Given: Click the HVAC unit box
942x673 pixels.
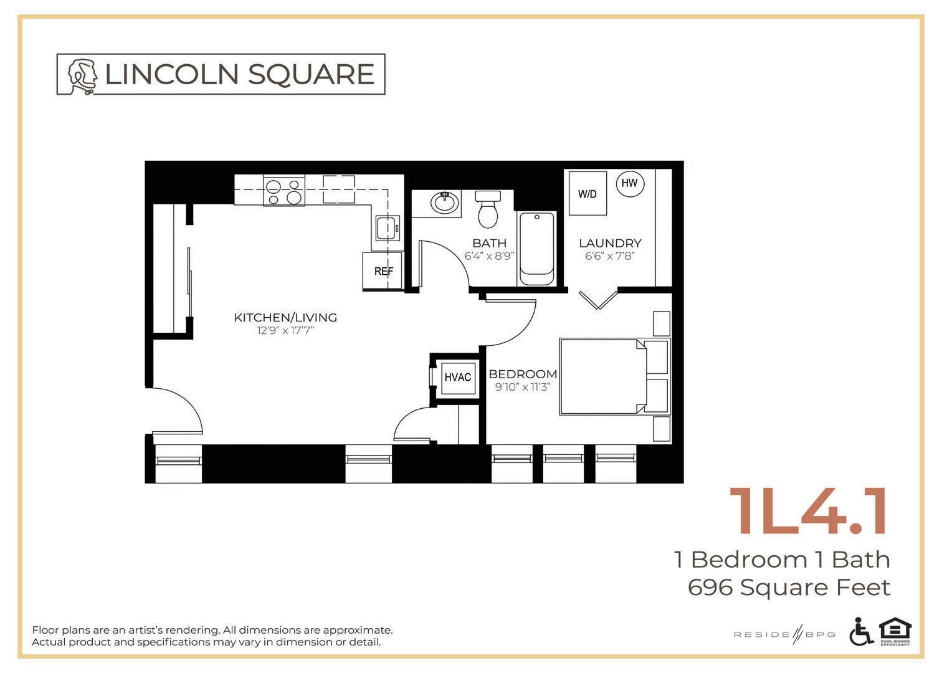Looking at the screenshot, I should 457,377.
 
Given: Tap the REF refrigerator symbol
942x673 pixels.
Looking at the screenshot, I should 383,271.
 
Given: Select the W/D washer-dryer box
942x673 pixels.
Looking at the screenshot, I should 588,194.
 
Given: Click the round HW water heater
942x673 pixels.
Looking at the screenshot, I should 630,183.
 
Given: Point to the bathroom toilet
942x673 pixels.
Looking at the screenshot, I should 488,209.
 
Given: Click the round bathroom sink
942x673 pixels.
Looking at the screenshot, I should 445,203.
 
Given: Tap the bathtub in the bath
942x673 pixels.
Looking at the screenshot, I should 537,248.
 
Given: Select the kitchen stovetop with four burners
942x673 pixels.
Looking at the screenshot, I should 284,191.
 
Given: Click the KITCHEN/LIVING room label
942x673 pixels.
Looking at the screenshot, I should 285,317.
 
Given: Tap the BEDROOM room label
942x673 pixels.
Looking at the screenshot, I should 523,374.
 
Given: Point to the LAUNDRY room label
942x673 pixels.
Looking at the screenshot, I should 610,243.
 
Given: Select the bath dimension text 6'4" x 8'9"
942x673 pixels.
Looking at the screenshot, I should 490,255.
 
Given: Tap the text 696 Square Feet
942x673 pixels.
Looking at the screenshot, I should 789,588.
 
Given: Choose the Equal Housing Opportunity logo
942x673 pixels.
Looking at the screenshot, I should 895,631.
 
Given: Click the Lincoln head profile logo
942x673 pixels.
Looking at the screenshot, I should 82,75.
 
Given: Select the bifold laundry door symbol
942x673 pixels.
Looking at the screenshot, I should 597,299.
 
